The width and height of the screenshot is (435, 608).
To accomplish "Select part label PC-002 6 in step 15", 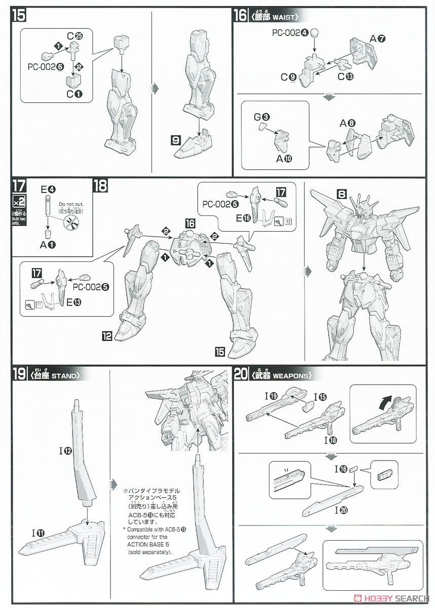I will (46, 66).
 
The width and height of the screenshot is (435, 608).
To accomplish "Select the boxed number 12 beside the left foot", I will (106, 335).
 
